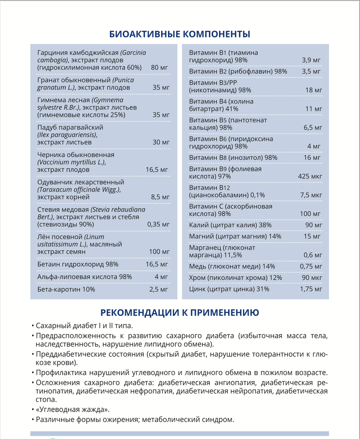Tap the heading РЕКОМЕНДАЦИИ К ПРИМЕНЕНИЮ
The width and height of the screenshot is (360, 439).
pyautogui.click(x=180, y=312)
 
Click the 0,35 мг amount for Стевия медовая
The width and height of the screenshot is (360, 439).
pyautogui.click(x=158, y=224)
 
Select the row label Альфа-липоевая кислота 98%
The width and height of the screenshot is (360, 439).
pyautogui.click(x=85, y=277)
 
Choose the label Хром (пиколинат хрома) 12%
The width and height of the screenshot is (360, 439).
pyautogui.click(x=235, y=278)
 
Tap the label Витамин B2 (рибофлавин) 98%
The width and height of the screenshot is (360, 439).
pyautogui.click(x=238, y=71)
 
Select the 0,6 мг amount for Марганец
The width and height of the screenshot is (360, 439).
pyautogui.click(x=313, y=255)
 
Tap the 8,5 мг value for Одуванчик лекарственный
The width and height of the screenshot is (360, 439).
pyautogui.click(x=160, y=197)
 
